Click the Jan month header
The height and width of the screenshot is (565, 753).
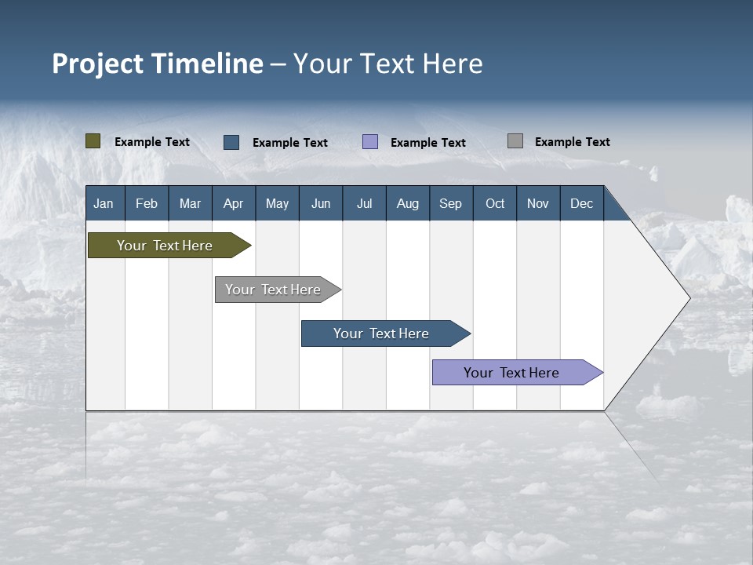104,203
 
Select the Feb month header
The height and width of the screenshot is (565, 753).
147,203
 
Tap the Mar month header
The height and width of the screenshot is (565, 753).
190,203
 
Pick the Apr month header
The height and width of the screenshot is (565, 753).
233,203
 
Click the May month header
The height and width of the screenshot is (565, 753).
277,203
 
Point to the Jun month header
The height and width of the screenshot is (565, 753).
321,203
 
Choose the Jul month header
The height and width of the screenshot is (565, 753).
364,203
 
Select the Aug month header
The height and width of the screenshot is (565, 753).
407,203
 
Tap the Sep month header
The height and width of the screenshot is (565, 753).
450,203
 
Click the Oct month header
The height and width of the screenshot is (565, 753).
495,203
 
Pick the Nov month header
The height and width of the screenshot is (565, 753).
538,203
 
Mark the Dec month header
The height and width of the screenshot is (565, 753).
581,203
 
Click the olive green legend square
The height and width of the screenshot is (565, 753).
93,141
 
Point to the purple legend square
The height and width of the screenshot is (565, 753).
370,142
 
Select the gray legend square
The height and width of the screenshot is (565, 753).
515,141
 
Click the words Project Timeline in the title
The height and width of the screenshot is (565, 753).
158,64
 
